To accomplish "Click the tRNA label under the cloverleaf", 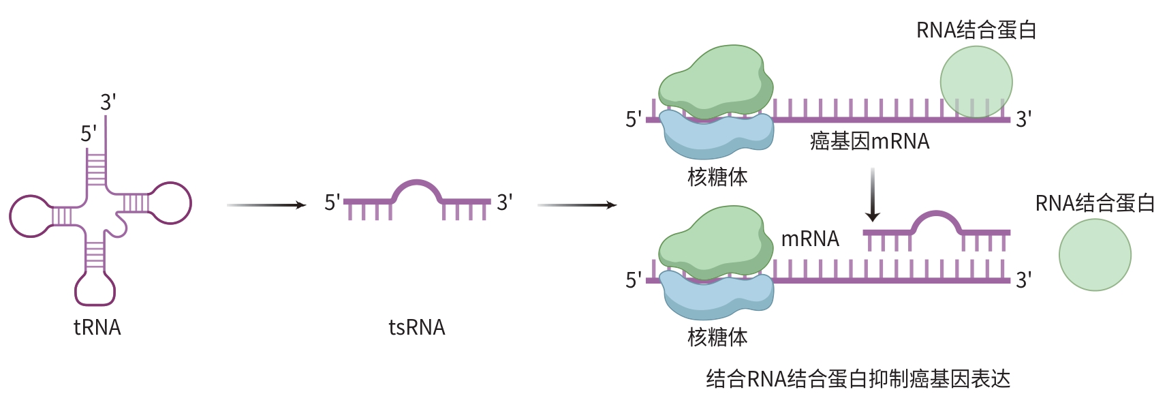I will [97, 328].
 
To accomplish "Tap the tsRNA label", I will [416, 328].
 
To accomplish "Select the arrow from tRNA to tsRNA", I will [266, 204].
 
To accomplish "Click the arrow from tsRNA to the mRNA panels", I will [577, 204].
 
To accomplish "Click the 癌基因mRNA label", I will [869, 142].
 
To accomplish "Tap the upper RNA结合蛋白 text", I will [976, 31].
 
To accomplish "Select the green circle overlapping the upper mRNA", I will [976, 82].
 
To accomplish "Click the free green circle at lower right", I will [1095, 255].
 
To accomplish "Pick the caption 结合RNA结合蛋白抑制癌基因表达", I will [858, 379].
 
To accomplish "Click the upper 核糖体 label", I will [717, 177].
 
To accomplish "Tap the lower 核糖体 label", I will [717, 337].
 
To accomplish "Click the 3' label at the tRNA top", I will [108, 102].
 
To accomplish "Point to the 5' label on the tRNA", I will [89, 134].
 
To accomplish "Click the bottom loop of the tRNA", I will [95, 290].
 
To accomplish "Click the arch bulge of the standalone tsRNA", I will [417, 185].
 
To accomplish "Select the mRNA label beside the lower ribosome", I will [809, 239].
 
